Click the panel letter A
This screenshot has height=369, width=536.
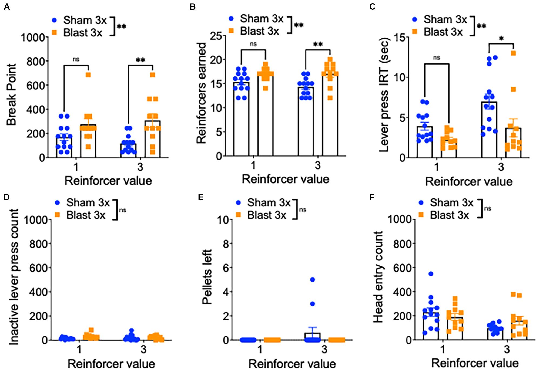[x=7, y=6]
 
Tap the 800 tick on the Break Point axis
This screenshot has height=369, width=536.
[x=37, y=62]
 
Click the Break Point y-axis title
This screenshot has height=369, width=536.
[x=11, y=94]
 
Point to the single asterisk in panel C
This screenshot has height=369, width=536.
[x=501, y=39]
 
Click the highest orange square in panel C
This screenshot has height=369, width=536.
[x=513, y=53]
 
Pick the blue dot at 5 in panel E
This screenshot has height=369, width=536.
[x=313, y=280]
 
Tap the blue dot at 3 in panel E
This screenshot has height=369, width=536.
[x=313, y=304]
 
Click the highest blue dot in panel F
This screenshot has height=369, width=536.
[x=431, y=274]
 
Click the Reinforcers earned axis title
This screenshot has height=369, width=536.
[x=201, y=93]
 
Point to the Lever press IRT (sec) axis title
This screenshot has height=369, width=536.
[x=384, y=94]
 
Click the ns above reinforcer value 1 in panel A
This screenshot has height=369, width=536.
[x=76, y=59]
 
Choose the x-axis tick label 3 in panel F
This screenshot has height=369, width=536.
[x=507, y=349]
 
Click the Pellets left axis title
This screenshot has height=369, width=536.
[x=207, y=277]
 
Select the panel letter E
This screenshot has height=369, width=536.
[x=200, y=197]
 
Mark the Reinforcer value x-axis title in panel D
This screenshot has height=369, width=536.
[x=111, y=364]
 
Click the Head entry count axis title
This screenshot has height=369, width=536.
[x=378, y=277]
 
